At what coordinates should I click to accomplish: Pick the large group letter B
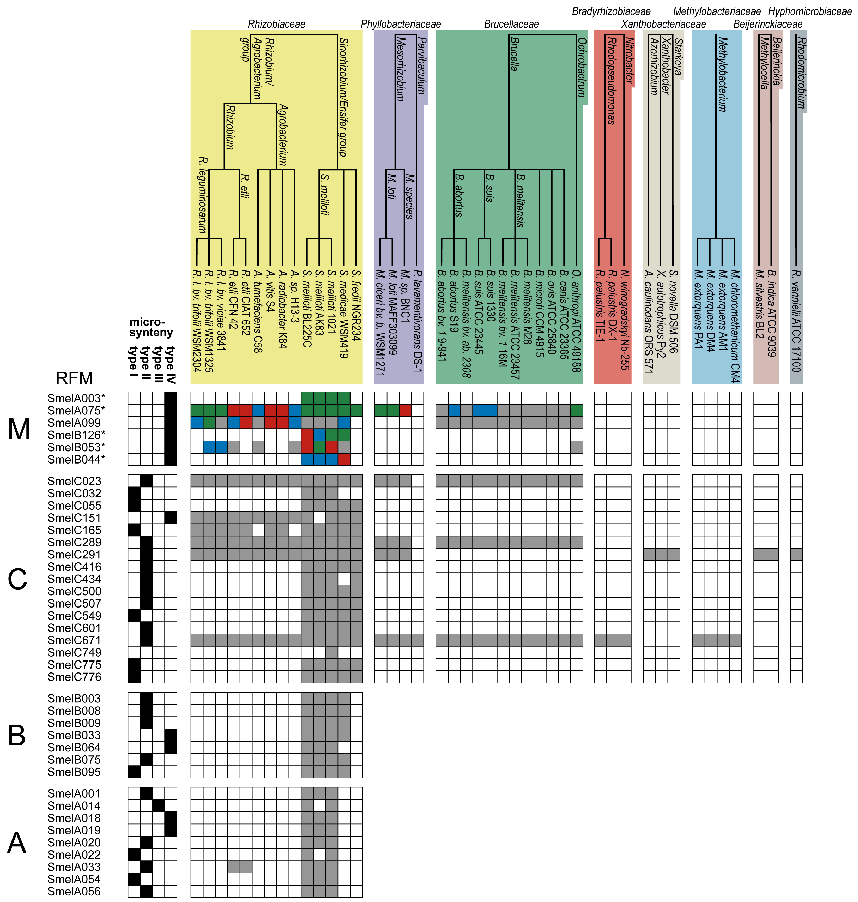click(x=17, y=736)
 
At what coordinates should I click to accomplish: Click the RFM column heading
click(x=74, y=378)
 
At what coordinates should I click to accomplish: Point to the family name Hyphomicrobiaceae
click(x=809, y=11)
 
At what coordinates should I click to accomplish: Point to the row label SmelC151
click(x=74, y=518)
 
